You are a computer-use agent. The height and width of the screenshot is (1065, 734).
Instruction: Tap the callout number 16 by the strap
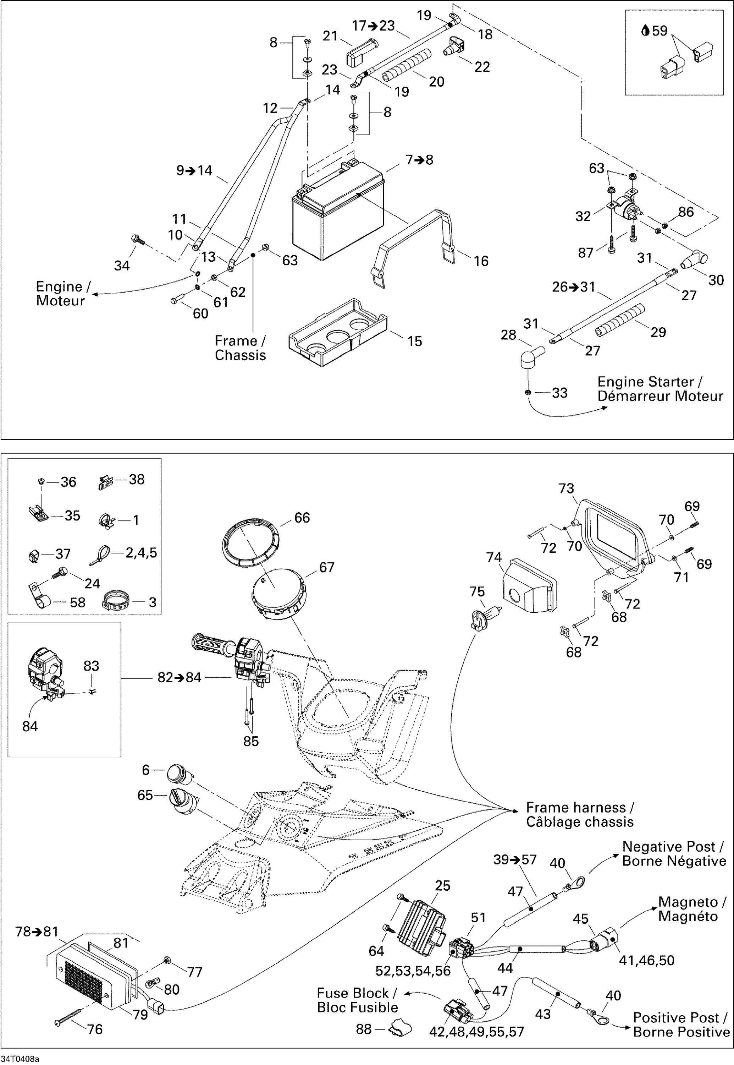point(481,261)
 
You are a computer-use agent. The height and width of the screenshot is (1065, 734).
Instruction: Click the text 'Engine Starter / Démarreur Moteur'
point(660,389)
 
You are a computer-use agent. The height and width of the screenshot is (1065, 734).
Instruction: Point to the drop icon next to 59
point(645,31)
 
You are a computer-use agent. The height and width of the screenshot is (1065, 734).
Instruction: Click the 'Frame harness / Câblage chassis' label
point(579,815)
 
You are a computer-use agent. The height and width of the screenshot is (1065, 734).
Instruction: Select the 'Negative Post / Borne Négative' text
point(674,854)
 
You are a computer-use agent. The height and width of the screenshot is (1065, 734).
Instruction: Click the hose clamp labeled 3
point(115,601)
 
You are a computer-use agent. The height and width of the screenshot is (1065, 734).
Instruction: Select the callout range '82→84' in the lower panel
point(180,677)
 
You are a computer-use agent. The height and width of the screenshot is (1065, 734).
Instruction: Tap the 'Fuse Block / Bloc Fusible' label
point(357,1000)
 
